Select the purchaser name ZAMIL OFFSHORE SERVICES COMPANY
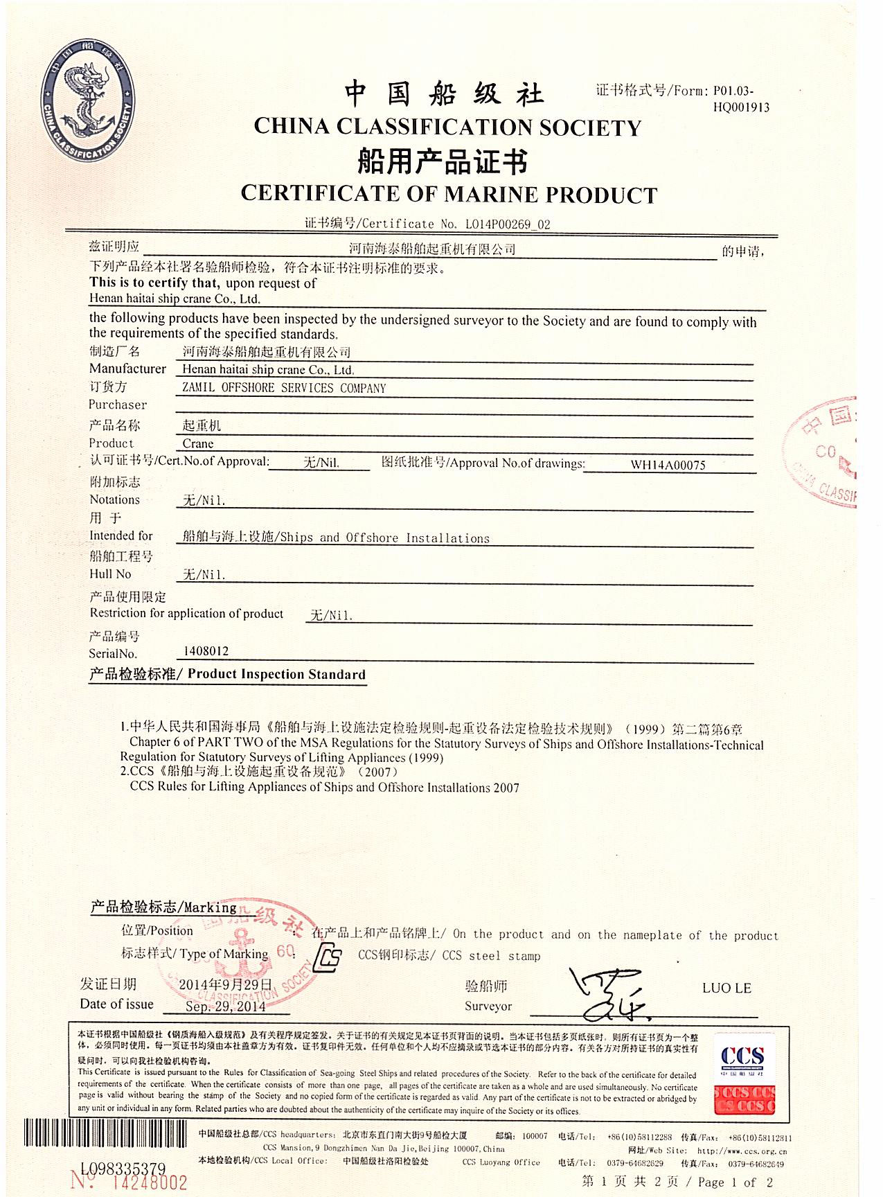[284, 388]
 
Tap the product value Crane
[198, 444]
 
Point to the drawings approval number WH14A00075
[668, 465]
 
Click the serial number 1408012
[206, 651]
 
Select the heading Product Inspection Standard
[276, 674]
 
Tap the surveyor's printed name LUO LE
[726, 988]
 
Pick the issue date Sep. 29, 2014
[225, 1007]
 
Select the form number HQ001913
[741, 107]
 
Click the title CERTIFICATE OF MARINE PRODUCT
[449, 195]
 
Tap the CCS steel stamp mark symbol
[327, 958]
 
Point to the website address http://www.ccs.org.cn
[742, 1151]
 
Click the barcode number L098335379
[123, 1169]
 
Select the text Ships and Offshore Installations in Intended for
[384, 538]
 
